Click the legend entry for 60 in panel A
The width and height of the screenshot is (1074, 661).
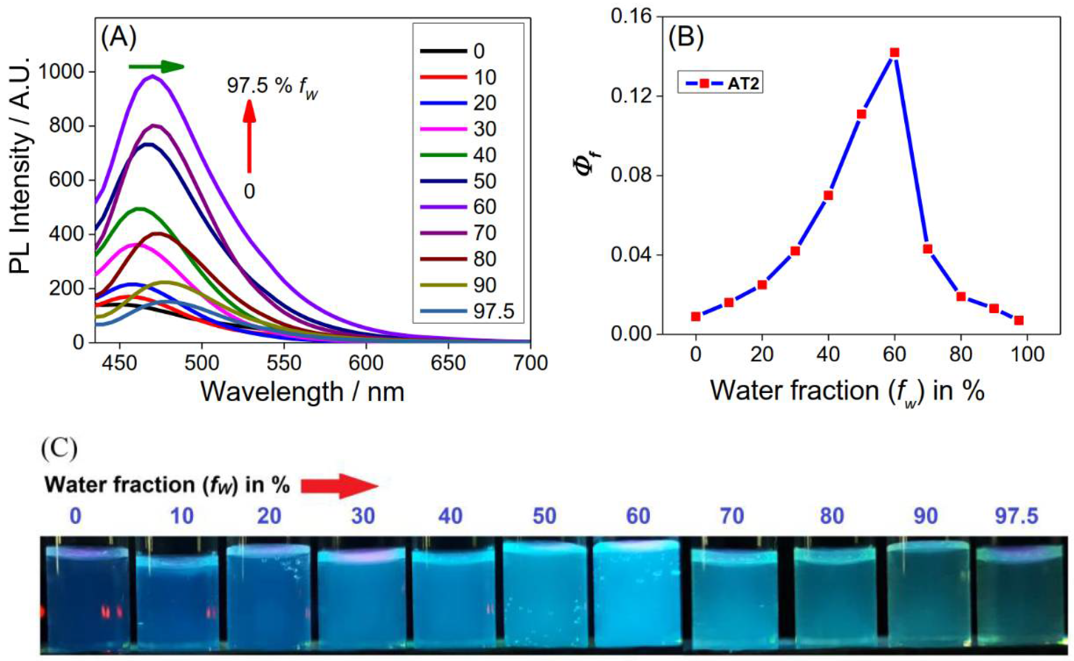pos(466,207)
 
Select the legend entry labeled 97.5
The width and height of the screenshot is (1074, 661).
pos(466,311)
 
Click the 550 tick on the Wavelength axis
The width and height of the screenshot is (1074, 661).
pos(284,363)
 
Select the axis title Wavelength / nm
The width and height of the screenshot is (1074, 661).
pos(302,392)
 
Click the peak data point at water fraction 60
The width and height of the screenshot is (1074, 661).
pos(894,53)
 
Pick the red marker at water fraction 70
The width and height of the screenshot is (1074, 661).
pos(927,249)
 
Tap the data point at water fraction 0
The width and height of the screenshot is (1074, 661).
pos(696,316)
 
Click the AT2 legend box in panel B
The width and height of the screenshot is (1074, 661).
pos(719,83)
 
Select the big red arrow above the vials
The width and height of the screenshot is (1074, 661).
pos(340,486)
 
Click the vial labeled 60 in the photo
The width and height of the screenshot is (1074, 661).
pos(636,592)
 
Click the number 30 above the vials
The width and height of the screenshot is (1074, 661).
pos(363,516)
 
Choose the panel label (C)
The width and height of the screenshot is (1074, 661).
pos(59,448)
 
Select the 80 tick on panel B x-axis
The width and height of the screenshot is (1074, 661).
pos(960,354)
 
